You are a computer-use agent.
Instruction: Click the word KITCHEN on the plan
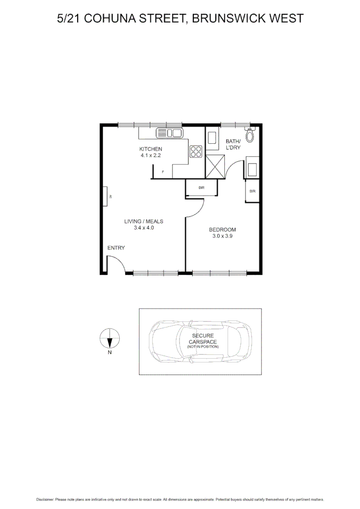click(151, 149)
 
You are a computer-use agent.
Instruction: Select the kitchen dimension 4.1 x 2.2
click(151, 155)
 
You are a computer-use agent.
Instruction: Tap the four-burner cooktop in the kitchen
click(196, 152)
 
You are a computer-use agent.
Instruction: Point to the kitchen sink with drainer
click(169, 133)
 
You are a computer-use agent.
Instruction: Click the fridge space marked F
click(163, 172)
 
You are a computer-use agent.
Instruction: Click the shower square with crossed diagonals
click(215, 167)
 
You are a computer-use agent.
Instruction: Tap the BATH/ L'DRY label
click(233, 144)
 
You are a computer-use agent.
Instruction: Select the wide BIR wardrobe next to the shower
click(201, 188)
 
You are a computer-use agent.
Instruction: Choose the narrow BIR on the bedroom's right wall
click(252, 191)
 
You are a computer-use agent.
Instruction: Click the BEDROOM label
click(222, 230)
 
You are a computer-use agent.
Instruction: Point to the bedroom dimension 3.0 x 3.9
click(222, 236)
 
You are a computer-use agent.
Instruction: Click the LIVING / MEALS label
click(144, 221)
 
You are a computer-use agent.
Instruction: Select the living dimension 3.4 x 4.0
click(144, 228)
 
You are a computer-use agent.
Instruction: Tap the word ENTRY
click(116, 248)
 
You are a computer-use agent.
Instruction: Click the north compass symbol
click(110, 338)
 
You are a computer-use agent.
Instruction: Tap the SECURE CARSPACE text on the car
click(203, 338)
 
